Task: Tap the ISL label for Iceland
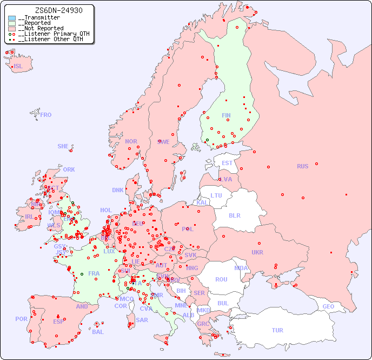(18, 67)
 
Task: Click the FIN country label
(226, 115)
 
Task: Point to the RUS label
(302, 166)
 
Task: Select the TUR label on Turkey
(277, 330)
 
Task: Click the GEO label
(328, 306)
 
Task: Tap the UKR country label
(257, 252)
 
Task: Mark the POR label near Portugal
(21, 319)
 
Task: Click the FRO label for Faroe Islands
(46, 115)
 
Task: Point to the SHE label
(63, 146)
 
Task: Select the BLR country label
(234, 215)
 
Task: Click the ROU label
(221, 279)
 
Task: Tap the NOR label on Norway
(131, 141)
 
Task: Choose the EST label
(227, 163)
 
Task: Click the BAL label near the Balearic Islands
(97, 332)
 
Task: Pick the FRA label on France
(94, 273)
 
